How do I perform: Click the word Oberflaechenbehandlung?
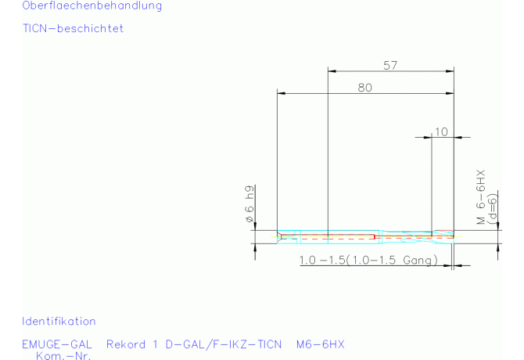[92, 5]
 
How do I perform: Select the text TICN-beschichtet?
[74, 28]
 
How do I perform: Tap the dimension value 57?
[390, 66]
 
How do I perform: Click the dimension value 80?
[365, 88]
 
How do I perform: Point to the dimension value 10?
[441, 131]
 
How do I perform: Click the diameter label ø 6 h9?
[249, 204]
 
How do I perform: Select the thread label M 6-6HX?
[480, 197]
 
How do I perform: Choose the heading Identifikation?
[59, 321]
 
